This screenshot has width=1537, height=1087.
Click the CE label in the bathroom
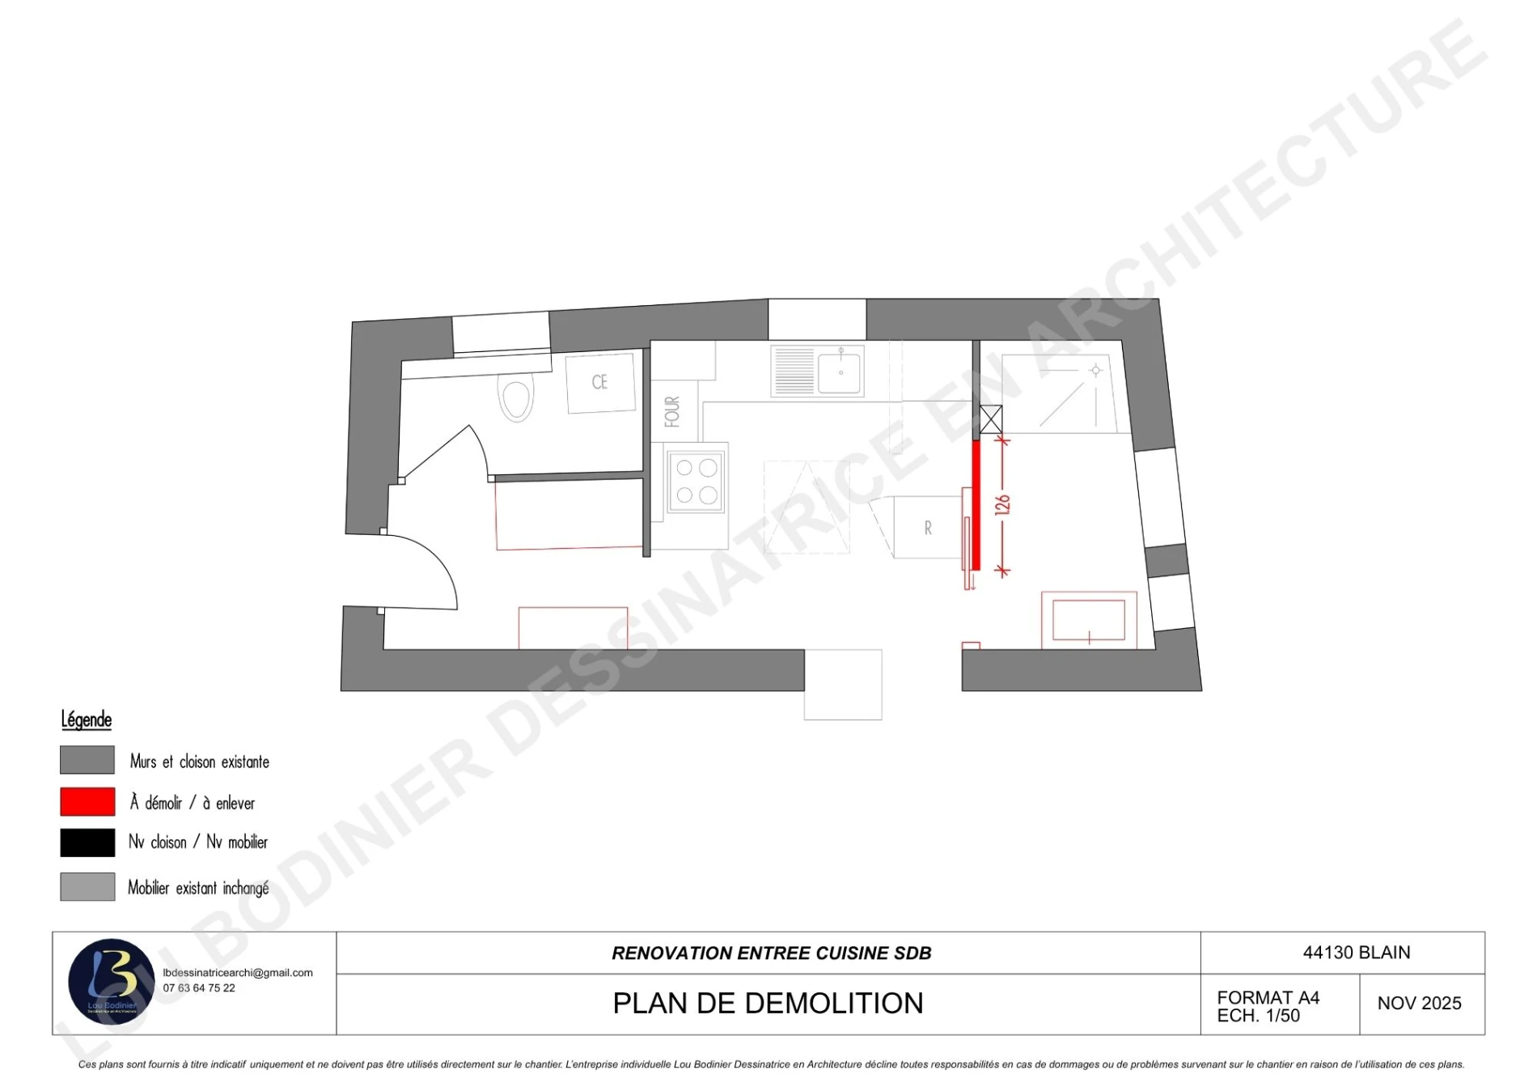[x=599, y=382]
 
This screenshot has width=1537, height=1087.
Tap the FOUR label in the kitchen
[x=672, y=411]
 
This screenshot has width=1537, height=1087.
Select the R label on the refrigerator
[x=928, y=529]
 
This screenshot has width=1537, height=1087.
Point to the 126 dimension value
[x=1002, y=505]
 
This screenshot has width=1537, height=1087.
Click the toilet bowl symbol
[x=516, y=397]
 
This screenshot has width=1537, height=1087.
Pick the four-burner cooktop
[x=697, y=482]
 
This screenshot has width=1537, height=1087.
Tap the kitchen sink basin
[x=840, y=371]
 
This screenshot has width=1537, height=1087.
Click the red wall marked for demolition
[x=976, y=505]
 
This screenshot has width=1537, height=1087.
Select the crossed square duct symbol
[x=991, y=419]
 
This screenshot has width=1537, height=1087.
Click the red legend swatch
[x=87, y=802]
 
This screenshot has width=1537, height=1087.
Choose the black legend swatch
[x=87, y=843]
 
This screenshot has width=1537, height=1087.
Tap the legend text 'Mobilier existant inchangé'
[x=198, y=888]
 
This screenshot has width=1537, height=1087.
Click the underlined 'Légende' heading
[x=87, y=720]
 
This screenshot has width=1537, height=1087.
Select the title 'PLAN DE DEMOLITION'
[x=768, y=1004]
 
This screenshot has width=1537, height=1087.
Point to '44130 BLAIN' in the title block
[x=1357, y=953]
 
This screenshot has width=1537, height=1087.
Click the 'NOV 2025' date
[x=1420, y=1004]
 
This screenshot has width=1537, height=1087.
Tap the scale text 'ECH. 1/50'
[x=1259, y=1016]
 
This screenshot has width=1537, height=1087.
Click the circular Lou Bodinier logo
[x=112, y=982]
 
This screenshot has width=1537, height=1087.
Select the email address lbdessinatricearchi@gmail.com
[x=238, y=973]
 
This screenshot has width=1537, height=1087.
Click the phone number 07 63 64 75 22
[x=199, y=988]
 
